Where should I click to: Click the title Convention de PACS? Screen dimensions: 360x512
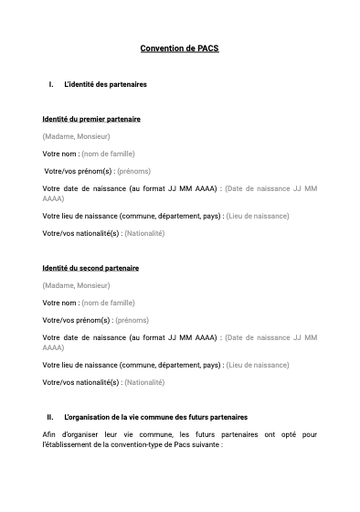179,48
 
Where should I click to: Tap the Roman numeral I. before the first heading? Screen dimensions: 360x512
51,84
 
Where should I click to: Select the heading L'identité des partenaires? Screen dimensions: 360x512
105,84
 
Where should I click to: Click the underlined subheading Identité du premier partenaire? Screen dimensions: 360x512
91,119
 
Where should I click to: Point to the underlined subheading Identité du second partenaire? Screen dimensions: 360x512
90,268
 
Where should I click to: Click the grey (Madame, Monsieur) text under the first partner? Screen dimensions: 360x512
76,136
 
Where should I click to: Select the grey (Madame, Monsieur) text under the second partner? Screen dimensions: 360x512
76,285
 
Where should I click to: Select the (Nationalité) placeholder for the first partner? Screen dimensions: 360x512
144,233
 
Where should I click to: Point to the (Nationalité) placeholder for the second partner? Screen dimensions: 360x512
144,382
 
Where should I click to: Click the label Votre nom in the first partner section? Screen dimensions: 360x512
59,154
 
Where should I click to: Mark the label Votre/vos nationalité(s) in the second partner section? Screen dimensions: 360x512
80,382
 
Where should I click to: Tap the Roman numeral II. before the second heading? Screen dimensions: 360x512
51,417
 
